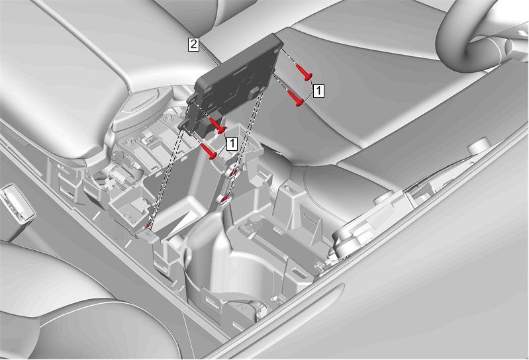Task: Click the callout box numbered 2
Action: point(193,44)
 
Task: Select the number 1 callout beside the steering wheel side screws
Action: point(318,91)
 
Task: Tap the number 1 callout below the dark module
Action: point(232,144)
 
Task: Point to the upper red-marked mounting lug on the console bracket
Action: point(233,173)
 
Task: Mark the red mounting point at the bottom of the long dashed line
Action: point(148,226)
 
